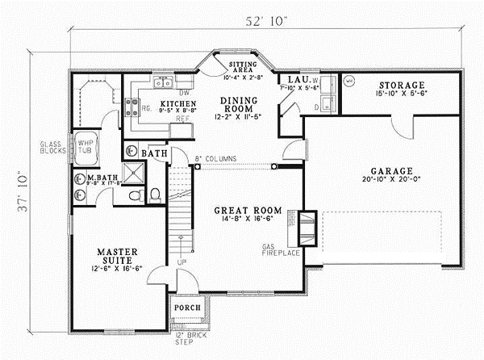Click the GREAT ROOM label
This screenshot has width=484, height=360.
point(243,211)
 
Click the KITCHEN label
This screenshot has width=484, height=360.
point(174,104)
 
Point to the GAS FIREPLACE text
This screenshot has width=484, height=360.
point(279,249)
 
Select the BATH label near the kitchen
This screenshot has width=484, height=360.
point(153,153)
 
